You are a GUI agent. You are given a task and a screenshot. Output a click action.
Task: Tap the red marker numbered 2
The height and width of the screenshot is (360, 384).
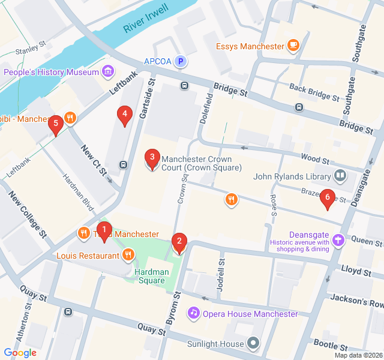(178, 243)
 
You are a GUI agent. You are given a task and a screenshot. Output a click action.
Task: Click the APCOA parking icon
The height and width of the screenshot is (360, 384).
(180, 61)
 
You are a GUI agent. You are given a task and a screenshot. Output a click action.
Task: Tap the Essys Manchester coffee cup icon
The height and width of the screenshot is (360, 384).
(293, 46)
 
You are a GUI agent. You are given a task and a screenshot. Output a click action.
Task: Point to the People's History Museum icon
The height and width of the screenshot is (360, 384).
(108, 73)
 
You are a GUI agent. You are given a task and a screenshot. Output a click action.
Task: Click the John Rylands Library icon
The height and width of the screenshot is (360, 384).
(340, 176)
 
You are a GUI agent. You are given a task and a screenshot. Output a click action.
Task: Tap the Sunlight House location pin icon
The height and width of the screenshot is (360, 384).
(253, 344)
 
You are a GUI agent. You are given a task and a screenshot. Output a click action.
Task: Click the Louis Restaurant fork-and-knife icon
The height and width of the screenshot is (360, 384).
(128, 256)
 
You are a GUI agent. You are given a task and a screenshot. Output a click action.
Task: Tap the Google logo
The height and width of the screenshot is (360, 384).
(20, 353)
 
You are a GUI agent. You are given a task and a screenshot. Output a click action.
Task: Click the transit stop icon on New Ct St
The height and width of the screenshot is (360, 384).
(122, 165)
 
